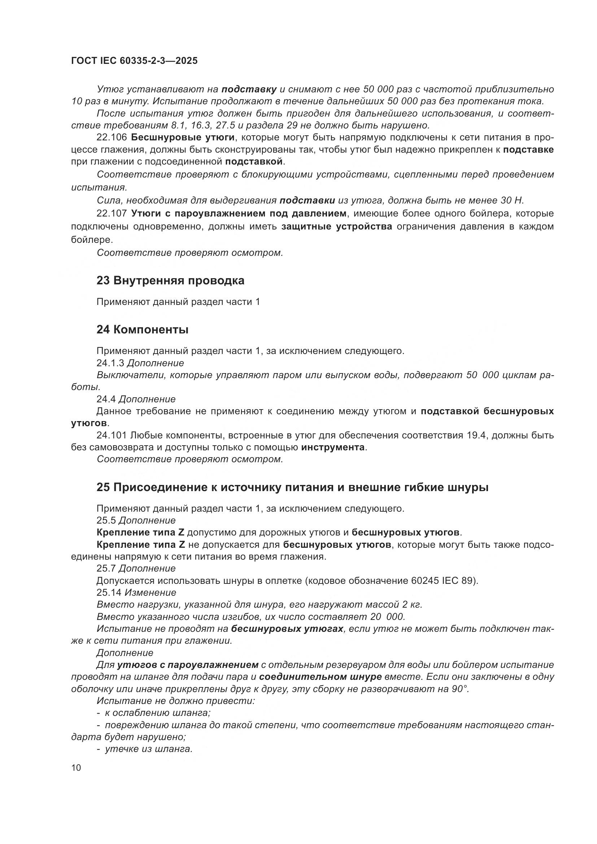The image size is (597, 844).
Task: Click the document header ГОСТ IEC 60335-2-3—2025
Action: (134, 61)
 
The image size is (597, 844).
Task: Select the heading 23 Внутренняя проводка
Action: (170, 280)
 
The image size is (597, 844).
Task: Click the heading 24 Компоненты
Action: (142, 329)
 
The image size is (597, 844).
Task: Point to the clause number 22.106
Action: (112, 137)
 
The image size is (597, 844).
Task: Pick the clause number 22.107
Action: (112, 213)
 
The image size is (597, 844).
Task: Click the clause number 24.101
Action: (112, 435)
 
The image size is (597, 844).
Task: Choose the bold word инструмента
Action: (333, 447)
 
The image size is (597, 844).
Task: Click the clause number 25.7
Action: (106, 568)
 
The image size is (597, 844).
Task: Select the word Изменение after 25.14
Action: (151, 592)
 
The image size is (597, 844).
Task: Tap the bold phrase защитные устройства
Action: (337, 227)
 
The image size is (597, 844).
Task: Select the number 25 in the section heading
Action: (103, 487)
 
